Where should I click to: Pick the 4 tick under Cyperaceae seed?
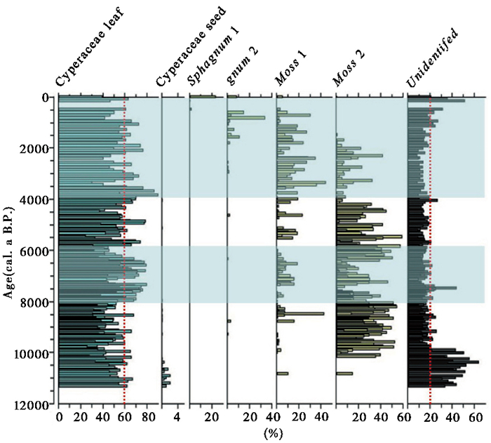coord(176,417)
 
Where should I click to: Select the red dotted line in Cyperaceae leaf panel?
coord(124,246)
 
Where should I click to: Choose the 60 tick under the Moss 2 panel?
coord(403,417)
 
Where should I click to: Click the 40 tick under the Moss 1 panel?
coord(320,417)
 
